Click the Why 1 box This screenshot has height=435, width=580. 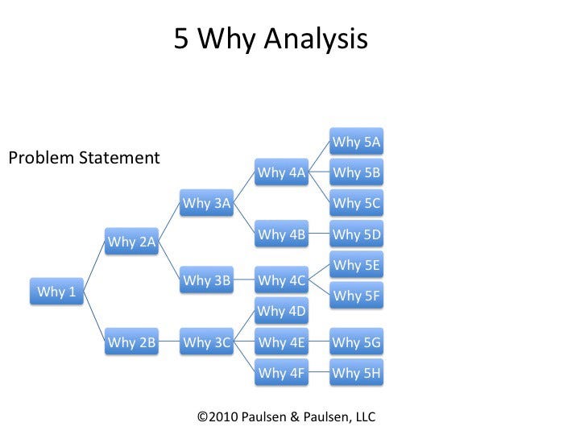click(56, 292)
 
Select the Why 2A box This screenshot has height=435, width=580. click(132, 242)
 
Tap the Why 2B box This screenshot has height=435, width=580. click(132, 342)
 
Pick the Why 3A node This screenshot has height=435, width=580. click(207, 203)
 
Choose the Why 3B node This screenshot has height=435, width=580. click(207, 281)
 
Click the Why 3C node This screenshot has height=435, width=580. click(207, 342)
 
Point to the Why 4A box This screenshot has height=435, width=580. click(282, 172)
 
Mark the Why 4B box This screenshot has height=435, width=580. click(282, 234)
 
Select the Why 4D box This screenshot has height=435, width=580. click(282, 312)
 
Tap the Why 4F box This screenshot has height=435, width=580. click(282, 373)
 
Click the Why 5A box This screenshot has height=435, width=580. click(357, 142)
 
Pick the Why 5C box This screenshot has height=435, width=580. click(357, 203)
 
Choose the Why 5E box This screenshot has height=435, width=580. click(357, 265)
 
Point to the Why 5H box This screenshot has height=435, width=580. click(357, 373)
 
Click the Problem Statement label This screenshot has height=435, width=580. click(84, 158)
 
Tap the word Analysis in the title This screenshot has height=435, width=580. click(315, 39)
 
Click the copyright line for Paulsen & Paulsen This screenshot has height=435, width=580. click(286, 416)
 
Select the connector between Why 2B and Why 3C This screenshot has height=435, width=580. click(169, 342)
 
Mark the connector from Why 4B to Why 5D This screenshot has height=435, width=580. click(320, 234)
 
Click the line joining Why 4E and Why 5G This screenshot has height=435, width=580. click(320, 342)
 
